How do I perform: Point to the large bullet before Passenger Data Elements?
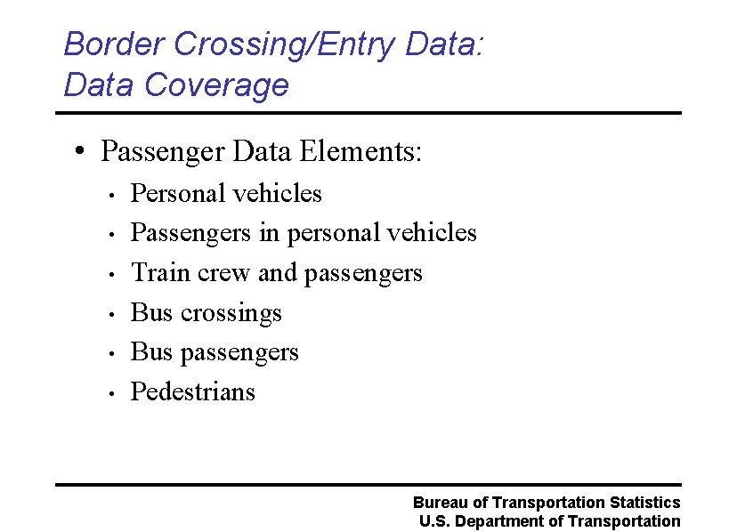pos(80,151)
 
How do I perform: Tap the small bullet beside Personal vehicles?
pos(109,196)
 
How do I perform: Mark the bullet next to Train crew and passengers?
pos(109,275)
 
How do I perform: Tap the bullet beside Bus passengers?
pos(109,354)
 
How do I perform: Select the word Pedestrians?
pos(192,391)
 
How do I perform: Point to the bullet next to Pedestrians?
pos(109,394)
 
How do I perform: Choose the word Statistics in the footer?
pos(645,503)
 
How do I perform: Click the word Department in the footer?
pos(501,521)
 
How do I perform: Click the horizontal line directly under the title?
pos(368,113)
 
